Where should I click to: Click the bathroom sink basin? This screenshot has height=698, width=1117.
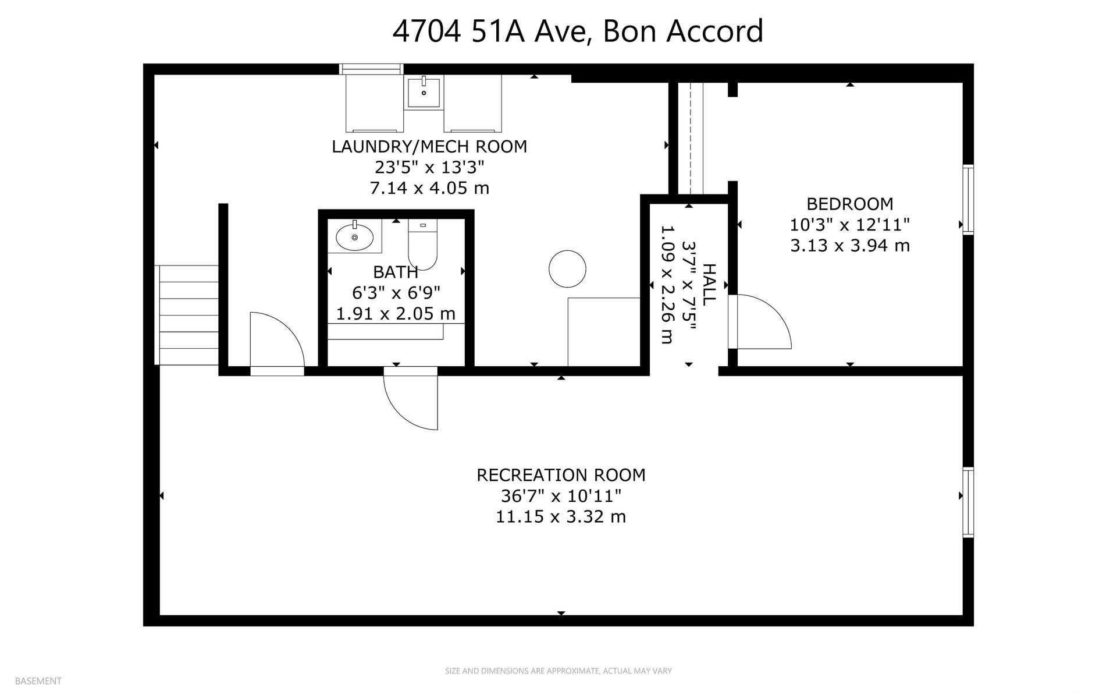pos(354,236)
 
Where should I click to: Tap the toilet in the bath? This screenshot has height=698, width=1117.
pos(422,245)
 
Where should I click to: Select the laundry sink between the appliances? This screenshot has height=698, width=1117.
pos(424,91)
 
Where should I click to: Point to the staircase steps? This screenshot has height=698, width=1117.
pos(187,315)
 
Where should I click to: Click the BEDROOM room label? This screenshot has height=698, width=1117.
pos(849,204)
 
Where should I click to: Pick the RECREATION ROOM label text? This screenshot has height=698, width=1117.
pos(561,475)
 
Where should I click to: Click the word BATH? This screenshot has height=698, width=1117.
pos(396,272)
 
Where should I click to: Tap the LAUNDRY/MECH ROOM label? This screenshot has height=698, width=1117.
pos(429,147)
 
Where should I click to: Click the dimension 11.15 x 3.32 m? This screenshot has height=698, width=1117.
pos(561,517)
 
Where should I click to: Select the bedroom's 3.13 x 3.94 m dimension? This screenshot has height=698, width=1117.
pos(849,246)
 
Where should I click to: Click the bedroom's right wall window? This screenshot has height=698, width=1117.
pos(968,200)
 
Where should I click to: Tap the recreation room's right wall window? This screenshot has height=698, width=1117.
pos(968,502)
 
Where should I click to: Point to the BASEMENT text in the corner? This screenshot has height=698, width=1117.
pos(38,681)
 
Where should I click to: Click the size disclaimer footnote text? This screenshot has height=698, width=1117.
pos(558,671)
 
